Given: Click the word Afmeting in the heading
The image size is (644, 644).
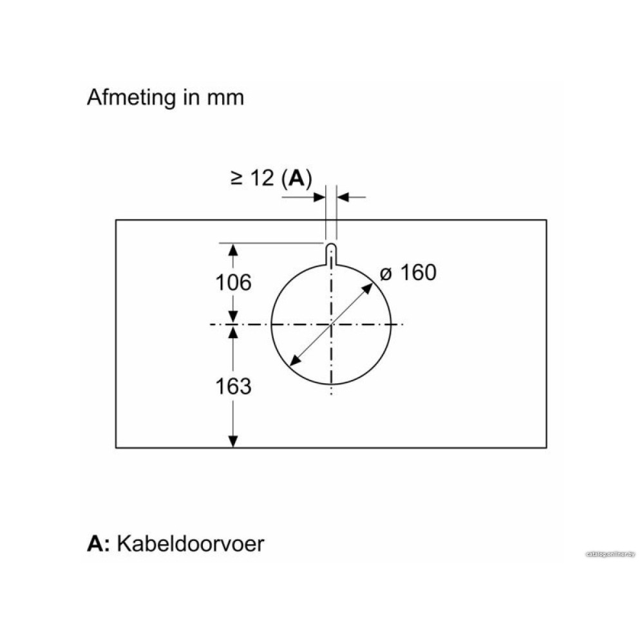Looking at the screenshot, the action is (x=131, y=99).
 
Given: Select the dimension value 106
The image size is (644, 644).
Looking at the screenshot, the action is (x=233, y=283).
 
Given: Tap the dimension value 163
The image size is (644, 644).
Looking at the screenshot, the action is (x=233, y=386).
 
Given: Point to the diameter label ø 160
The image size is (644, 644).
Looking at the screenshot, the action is (x=408, y=272).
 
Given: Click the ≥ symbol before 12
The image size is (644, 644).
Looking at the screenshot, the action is (x=236, y=178).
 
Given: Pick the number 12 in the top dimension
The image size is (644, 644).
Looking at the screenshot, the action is (x=261, y=178).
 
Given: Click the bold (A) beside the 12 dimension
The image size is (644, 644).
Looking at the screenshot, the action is (x=297, y=178).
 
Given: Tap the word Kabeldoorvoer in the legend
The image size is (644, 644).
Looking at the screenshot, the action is (x=191, y=544).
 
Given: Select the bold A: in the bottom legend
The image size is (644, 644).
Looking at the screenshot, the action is (x=99, y=544).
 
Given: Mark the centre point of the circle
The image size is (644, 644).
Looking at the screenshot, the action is (x=331, y=325).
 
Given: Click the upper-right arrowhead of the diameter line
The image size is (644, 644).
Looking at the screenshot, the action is (x=368, y=289).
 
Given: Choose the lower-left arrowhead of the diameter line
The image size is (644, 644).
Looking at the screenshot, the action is (x=295, y=361).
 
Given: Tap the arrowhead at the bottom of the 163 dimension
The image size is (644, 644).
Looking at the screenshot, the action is (x=233, y=441).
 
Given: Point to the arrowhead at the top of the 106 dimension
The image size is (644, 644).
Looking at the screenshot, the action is (x=233, y=250).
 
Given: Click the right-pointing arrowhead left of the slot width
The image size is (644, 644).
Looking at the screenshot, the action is (x=319, y=197).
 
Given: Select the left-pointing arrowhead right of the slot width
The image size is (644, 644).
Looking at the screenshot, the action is (x=343, y=197).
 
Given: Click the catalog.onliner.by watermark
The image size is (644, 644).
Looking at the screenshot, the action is (x=611, y=554).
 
